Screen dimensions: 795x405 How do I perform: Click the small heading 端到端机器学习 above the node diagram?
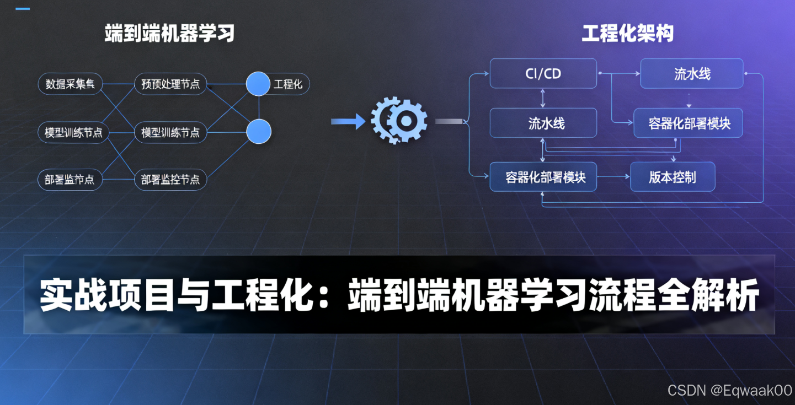click(x=169, y=34)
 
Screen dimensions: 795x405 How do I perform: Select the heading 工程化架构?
click(x=627, y=34)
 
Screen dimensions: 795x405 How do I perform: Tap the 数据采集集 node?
click(x=70, y=84)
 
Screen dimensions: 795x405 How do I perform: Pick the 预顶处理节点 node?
click(x=170, y=84)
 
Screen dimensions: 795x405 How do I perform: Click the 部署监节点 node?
click(x=70, y=180)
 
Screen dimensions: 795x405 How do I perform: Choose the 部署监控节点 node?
click(x=170, y=180)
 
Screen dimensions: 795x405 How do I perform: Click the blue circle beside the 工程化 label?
click(x=258, y=84)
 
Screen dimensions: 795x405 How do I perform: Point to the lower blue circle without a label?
click(x=258, y=132)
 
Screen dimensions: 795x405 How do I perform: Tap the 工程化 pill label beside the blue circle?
click(x=289, y=84)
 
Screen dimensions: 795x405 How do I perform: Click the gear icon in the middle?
click(x=399, y=121)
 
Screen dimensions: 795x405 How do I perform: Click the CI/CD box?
click(x=543, y=73)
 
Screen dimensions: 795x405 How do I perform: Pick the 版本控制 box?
click(x=673, y=177)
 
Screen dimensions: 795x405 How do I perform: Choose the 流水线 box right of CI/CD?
click(x=692, y=73)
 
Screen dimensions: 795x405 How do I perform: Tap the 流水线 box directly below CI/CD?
click(x=543, y=123)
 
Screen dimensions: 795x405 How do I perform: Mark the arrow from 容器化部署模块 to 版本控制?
click(x=613, y=177)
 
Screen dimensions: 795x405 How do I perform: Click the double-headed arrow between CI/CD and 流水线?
click(x=543, y=98)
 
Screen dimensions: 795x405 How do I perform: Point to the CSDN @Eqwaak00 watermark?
click(x=729, y=391)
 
